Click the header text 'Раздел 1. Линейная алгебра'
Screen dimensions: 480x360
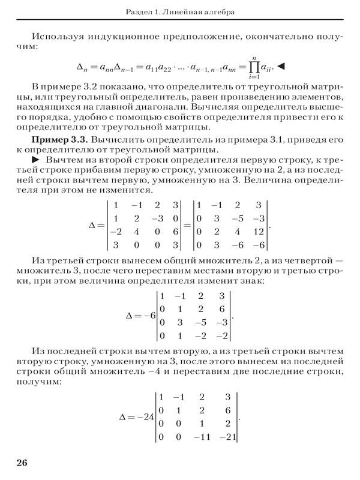tap(180, 12)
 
